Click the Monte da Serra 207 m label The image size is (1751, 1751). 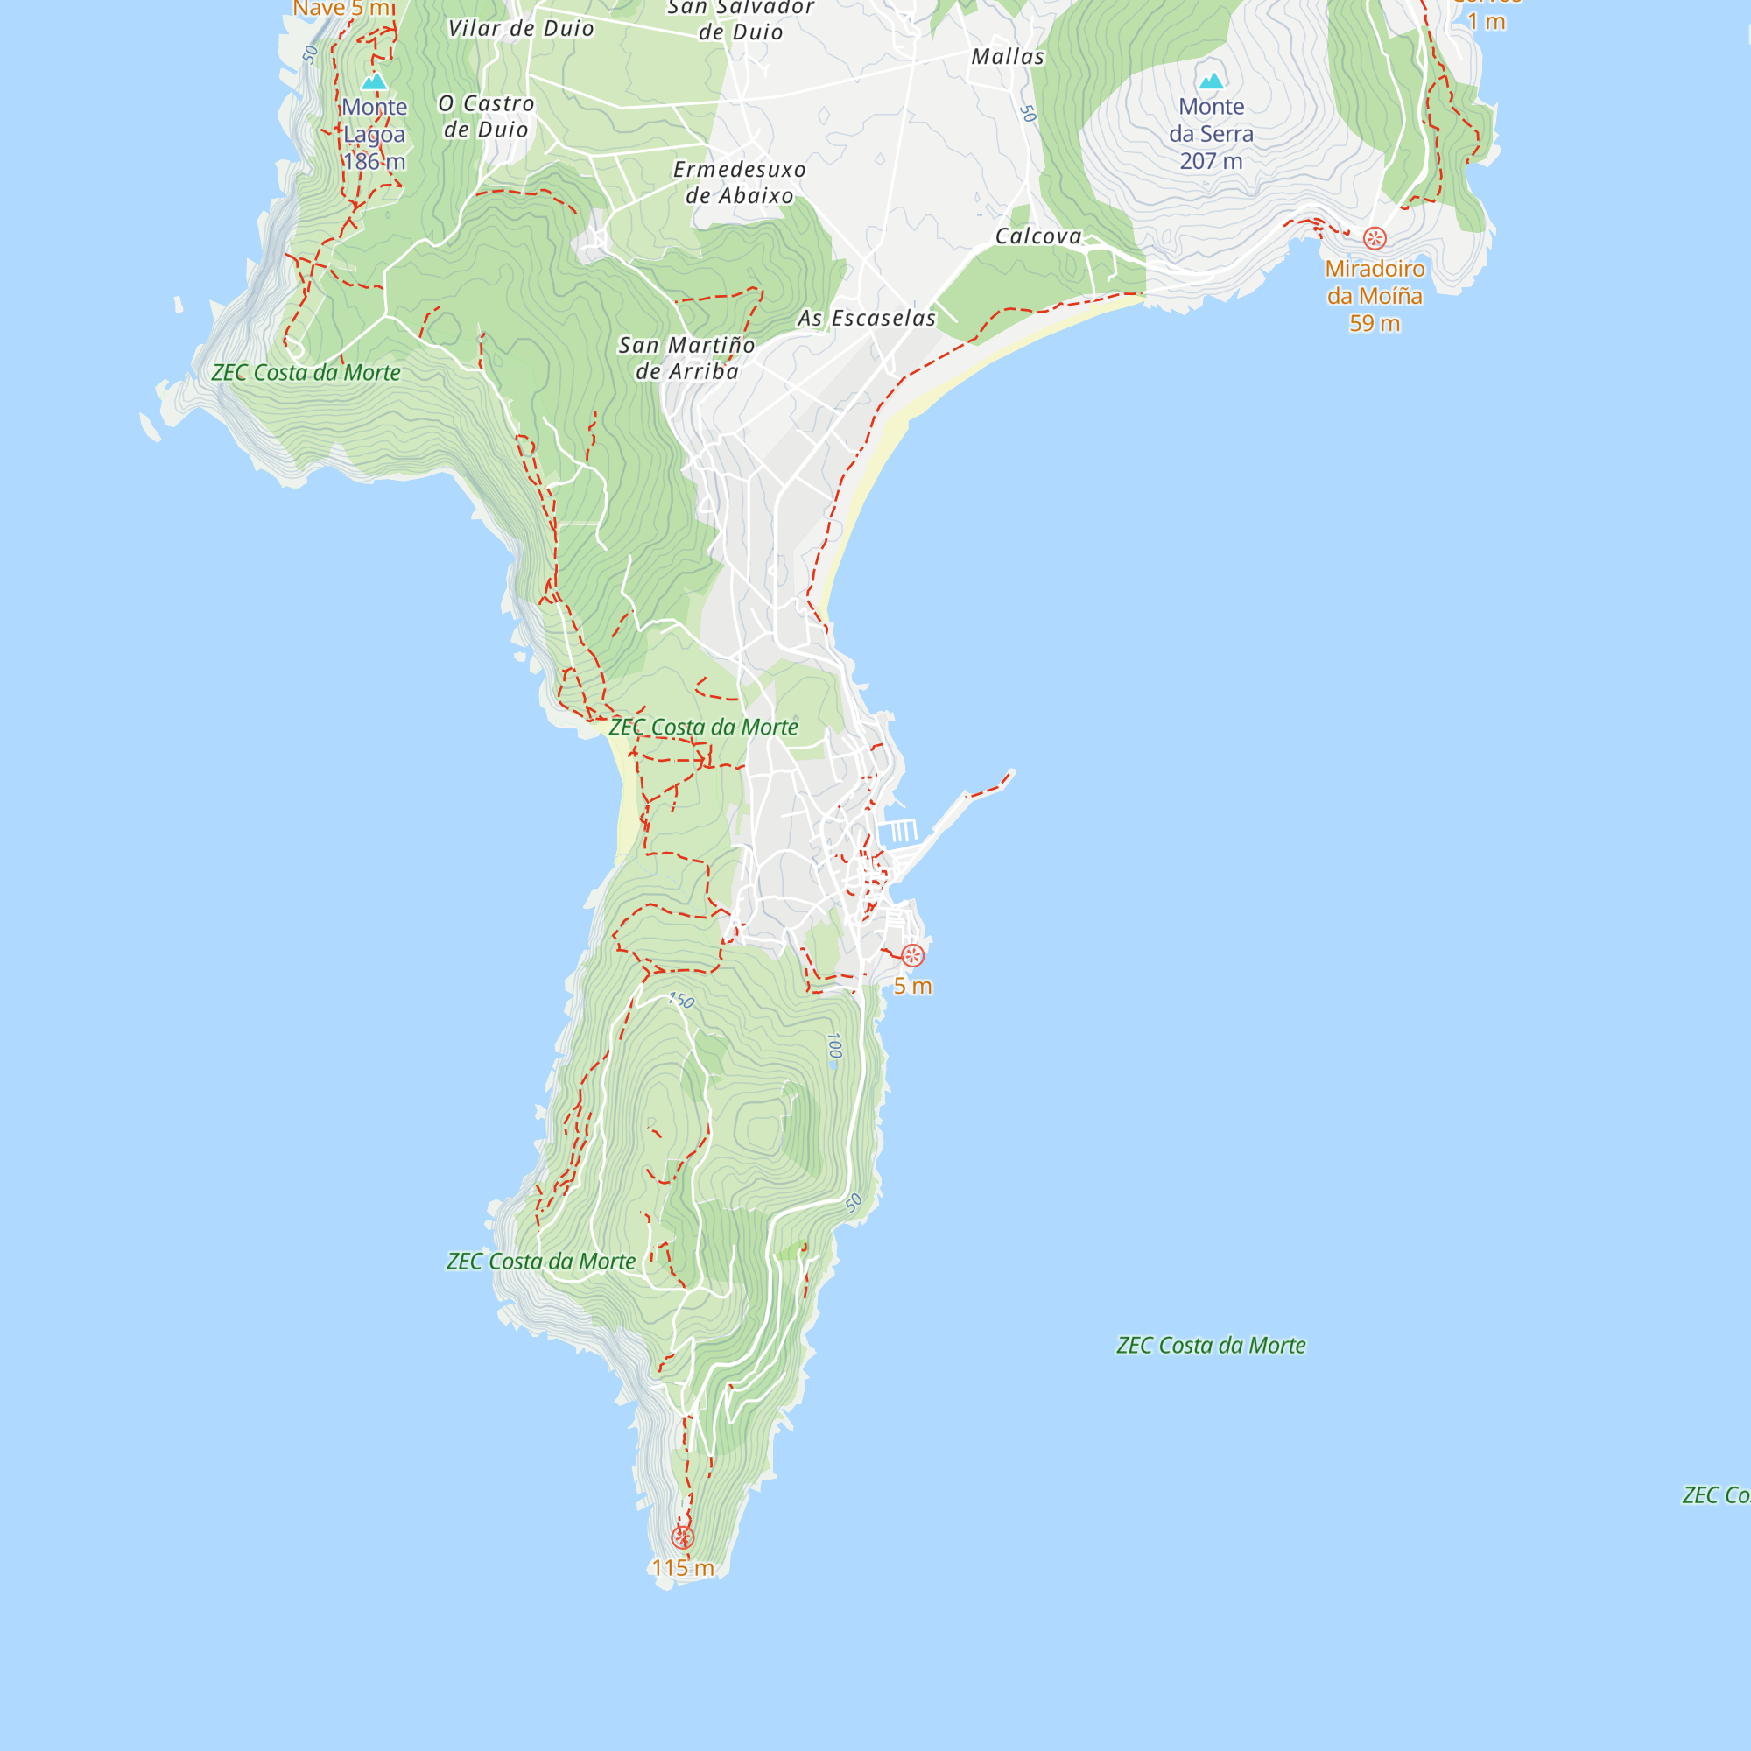point(1211,133)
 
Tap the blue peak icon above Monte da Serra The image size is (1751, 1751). point(1211,81)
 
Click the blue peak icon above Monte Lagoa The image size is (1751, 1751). point(375,81)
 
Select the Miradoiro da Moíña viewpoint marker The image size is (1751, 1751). point(1375,238)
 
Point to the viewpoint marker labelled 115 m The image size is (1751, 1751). point(683,1538)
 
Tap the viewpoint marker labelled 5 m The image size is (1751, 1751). point(912,955)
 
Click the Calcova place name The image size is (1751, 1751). point(1037,236)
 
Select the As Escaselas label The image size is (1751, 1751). point(867,318)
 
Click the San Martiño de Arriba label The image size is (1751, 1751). point(687,358)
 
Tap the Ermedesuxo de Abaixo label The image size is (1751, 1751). point(740,182)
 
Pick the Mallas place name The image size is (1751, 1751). point(1008,57)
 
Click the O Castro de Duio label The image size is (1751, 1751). point(487,117)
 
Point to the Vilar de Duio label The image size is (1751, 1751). point(521,29)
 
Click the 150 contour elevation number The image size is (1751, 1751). point(681,1001)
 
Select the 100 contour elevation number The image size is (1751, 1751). point(834,1046)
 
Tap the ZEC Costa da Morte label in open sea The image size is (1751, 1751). point(1211,1346)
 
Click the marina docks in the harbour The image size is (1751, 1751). point(898,830)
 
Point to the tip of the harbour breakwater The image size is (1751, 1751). point(1011,773)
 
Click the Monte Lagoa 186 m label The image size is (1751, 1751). point(375,134)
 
